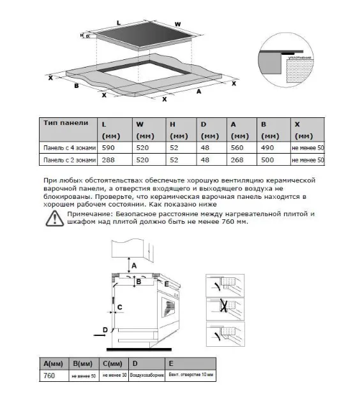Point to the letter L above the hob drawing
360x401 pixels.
[119, 21]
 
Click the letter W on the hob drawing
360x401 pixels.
[178, 24]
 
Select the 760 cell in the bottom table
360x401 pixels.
[48, 376]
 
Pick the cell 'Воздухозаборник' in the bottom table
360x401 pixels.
[147, 377]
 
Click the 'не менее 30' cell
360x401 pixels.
[115, 377]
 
